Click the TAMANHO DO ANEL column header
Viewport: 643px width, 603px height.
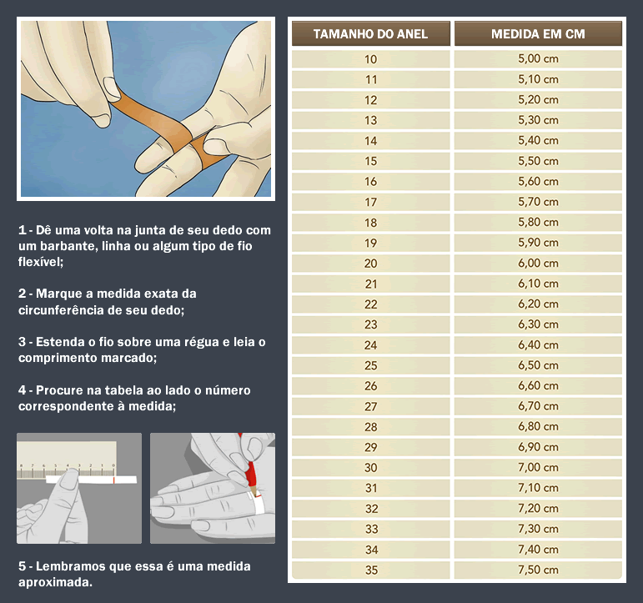371,33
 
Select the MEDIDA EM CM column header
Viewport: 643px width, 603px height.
538,33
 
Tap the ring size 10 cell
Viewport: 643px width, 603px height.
371,59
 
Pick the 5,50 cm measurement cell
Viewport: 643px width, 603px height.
538,161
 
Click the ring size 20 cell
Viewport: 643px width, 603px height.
371,264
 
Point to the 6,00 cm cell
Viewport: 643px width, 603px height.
538,263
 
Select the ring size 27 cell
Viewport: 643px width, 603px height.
371,406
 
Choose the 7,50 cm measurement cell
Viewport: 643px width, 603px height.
538,570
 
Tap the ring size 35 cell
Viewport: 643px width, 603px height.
371,570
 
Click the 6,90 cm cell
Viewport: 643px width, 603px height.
538,447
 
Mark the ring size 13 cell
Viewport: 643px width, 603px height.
371,120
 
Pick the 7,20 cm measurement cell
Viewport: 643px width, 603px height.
538,508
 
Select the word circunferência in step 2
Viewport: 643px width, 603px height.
61,309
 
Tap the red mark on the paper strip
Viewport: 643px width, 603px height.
113,480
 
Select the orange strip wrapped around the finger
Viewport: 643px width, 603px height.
173,130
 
